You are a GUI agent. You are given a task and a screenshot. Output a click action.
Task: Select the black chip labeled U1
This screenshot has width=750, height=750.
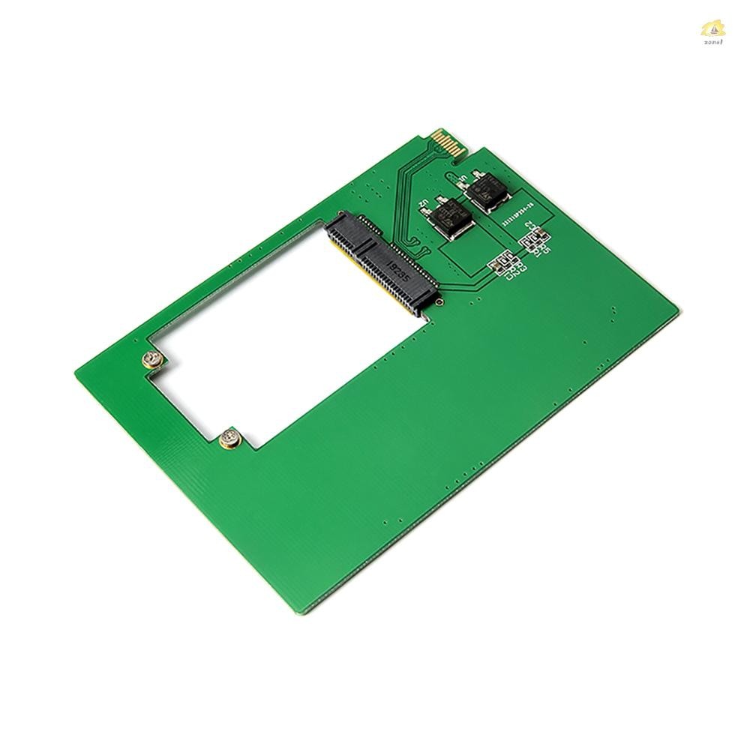(x=487, y=193)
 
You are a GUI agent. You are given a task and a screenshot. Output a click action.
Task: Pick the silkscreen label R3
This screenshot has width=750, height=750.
(x=523, y=267)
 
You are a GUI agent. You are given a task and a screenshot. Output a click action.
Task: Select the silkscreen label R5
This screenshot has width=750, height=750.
(x=546, y=248)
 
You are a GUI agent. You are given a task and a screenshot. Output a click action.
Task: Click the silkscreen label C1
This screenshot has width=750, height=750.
(x=509, y=277)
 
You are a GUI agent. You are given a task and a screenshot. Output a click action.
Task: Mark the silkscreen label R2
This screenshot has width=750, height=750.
(x=517, y=271)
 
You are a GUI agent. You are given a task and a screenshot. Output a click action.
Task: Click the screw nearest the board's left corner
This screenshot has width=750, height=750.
(x=153, y=361)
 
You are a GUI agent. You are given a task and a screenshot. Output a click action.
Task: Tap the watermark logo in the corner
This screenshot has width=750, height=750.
(x=713, y=31)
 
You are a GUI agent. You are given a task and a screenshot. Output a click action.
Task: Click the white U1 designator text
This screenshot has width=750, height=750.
(x=463, y=178)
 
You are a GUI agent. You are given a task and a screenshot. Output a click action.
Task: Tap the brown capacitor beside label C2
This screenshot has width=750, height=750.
(x=541, y=232)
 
